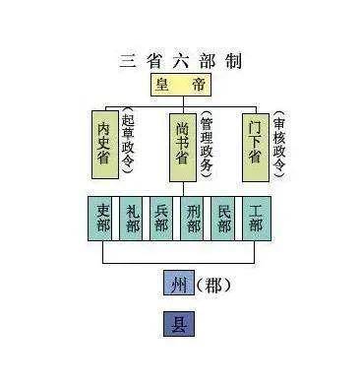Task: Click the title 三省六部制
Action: [x=179, y=61]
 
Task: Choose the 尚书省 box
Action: [x=179, y=148]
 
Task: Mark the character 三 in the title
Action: [x=126, y=61]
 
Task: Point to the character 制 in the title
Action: [x=232, y=61]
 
